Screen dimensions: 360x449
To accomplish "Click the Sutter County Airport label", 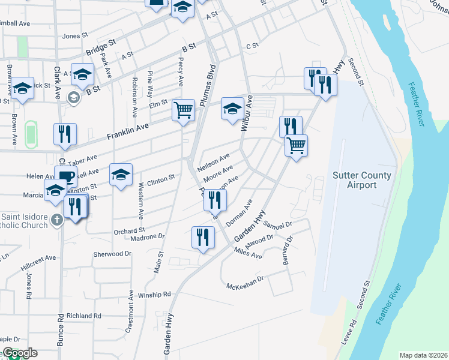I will (x=362, y=180).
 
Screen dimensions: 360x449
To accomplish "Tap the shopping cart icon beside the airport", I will (x=295, y=145).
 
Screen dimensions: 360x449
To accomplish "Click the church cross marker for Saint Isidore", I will (x=56, y=219).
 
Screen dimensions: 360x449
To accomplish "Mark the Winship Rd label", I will (x=154, y=295).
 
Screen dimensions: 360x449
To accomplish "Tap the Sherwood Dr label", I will (x=112, y=254).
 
